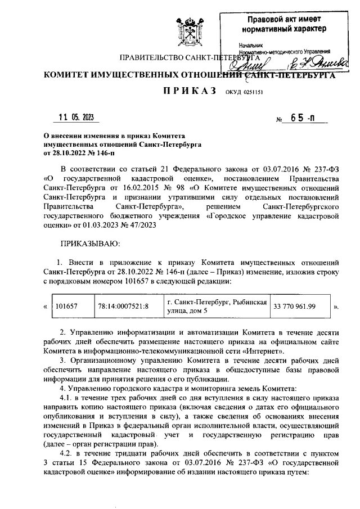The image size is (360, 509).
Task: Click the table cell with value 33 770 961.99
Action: (x=294, y=308)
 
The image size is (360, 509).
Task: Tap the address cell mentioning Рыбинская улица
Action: (x=217, y=308)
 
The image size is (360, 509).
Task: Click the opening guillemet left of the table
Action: (x=45, y=308)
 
